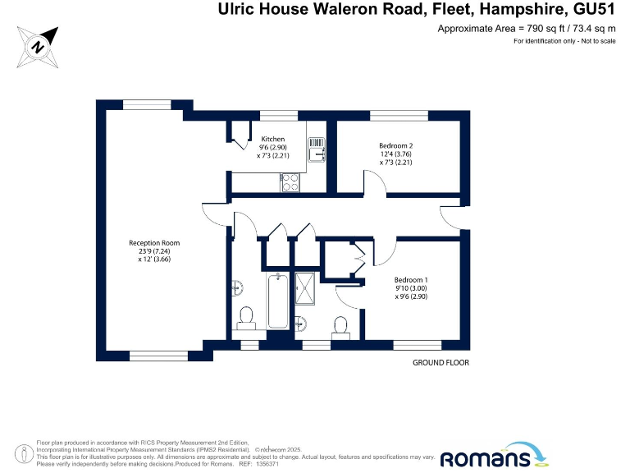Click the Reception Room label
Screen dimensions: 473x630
pos(154,243)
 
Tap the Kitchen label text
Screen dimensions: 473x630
pos(273,139)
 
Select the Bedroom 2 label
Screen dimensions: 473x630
pos(395,146)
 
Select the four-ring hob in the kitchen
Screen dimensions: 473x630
pos(290,184)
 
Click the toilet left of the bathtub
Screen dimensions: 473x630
pos(245,316)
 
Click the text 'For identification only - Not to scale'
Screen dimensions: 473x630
pos(564,41)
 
